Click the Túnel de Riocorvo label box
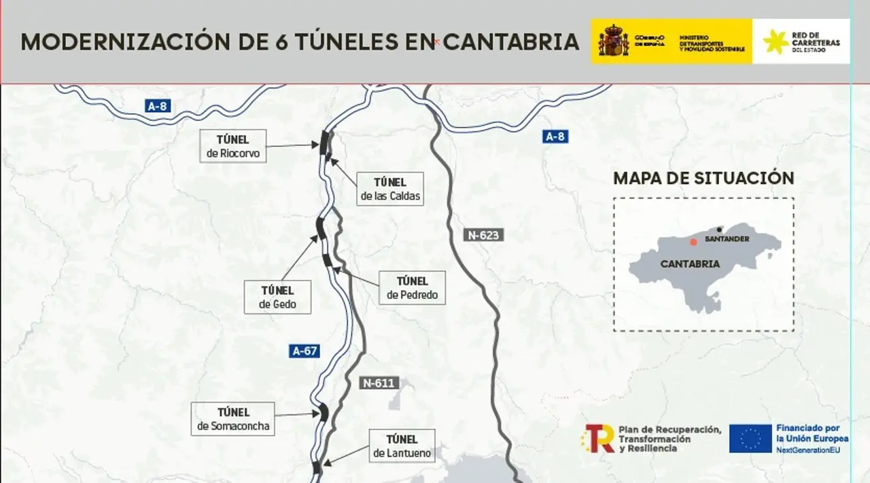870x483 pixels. [233, 146]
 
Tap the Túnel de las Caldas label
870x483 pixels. [389, 189]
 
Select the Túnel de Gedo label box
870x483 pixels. [277, 297]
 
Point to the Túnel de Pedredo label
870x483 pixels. [412, 288]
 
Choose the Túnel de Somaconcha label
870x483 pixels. [233, 419]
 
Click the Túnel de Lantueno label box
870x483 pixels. [402, 446]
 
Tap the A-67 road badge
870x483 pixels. [304, 351]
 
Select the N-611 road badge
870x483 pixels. [378, 382]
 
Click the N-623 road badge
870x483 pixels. [484, 236]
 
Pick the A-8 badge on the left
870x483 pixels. [157, 106]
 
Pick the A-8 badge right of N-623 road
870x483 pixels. [555, 137]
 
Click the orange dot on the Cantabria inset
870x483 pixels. [693, 242]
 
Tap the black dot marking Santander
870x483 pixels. [719, 230]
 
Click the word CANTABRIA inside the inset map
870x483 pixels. [690, 264]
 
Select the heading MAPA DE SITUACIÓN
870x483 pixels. [703, 178]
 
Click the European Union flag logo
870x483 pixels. [750, 438]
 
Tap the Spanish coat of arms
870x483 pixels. [613, 41]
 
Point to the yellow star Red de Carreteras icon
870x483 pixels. [776, 41]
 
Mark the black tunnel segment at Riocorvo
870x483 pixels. [324, 141]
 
